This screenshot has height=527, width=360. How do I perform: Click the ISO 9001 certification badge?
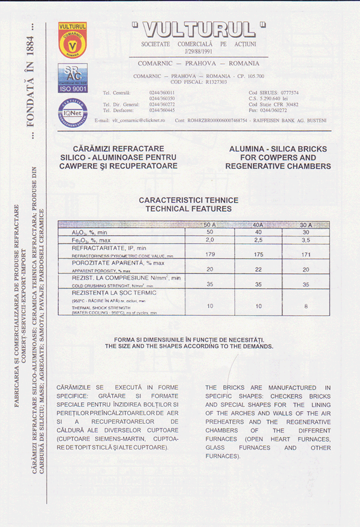click(x=72, y=78)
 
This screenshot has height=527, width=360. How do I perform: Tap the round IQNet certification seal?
click(x=73, y=111)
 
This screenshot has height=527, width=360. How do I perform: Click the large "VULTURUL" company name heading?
click(x=199, y=29)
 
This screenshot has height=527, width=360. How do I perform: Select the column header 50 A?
click(x=210, y=224)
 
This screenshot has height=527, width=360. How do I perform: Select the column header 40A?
click(x=258, y=224)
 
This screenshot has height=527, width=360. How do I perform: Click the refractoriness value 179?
click(x=210, y=254)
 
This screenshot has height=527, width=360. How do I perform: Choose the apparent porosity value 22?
click(x=258, y=270)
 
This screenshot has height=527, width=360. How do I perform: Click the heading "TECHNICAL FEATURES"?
click(x=188, y=209)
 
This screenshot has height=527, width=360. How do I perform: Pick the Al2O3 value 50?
click(x=210, y=232)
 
